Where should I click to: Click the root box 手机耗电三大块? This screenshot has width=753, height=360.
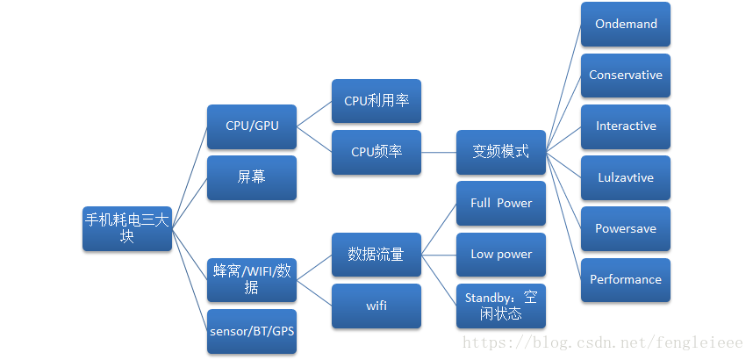[x=126, y=228]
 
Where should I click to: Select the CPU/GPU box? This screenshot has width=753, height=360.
[x=252, y=126]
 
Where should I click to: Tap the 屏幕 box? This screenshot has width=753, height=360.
[x=252, y=177]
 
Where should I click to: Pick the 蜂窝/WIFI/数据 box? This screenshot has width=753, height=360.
[x=252, y=279]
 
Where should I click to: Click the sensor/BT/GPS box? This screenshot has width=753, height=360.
[x=252, y=331]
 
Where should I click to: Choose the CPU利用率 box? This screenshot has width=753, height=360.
[x=376, y=101]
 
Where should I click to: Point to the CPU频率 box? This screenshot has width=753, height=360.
[x=376, y=152]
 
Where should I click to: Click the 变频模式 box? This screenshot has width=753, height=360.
[x=501, y=152]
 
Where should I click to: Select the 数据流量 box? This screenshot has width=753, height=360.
[x=376, y=255]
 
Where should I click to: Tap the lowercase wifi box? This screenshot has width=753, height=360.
[x=376, y=306]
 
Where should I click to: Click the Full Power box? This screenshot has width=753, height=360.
[x=501, y=204]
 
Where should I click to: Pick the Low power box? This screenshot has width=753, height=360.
[x=501, y=255]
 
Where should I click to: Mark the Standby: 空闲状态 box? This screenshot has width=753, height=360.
[x=501, y=306]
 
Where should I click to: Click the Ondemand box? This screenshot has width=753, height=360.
[x=626, y=25]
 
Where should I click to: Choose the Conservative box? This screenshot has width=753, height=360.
[x=626, y=76]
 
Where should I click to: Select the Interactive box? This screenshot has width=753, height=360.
[x=626, y=126]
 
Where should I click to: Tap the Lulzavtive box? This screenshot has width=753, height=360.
[x=626, y=177]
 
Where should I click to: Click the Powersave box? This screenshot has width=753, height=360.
[x=626, y=228]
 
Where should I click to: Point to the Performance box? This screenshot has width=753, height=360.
[x=626, y=280]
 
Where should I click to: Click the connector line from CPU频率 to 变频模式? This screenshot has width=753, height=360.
[x=439, y=152]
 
